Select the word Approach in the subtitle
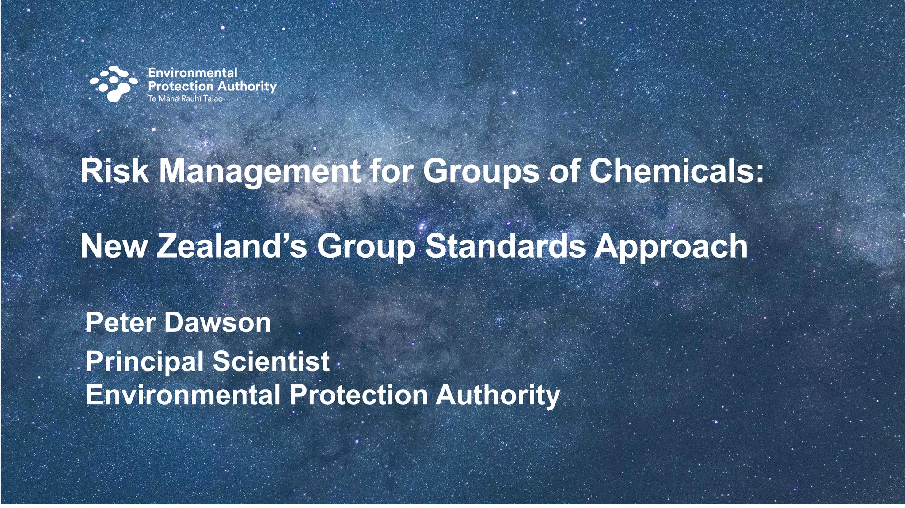(670, 247)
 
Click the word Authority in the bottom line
(498, 395)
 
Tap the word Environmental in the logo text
(192, 73)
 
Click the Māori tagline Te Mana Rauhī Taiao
(185, 98)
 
